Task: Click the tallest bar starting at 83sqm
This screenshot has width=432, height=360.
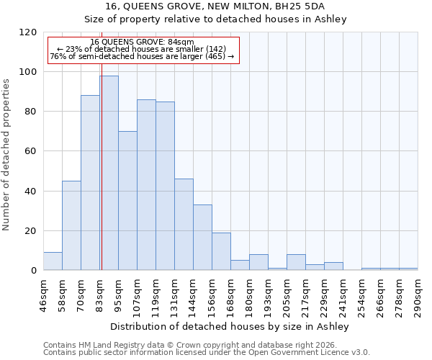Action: click(x=109, y=173)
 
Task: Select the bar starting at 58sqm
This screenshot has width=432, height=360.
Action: click(x=71, y=225)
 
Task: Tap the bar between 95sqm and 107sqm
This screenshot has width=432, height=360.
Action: click(x=127, y=201)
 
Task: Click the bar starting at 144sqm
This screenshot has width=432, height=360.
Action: click(x=202, y=238)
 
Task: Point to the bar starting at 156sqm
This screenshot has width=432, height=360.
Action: click(x=221, y=251)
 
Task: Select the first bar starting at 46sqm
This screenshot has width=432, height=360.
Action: click(x=53, y=261)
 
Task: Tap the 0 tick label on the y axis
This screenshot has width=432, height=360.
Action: click(x=33, y=271)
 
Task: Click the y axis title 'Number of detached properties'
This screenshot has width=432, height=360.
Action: click(x=6, y=155)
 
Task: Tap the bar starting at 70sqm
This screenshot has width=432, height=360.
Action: click(x=90, y=183)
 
